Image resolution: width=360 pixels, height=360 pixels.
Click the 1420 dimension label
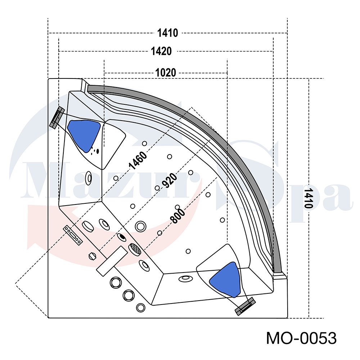pos(161,51)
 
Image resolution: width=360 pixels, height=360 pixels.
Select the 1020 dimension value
pos(166,73)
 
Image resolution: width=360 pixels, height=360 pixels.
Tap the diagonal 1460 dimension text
pos(138,160)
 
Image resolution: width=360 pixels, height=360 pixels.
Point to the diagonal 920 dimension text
pos(170,180)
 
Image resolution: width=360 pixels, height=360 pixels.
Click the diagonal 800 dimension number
pos(178,216)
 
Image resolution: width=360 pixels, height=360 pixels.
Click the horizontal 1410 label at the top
pos(168,33)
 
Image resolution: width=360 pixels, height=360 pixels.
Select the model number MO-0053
pos(301,338)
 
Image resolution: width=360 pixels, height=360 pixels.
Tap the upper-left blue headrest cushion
pos(84,134)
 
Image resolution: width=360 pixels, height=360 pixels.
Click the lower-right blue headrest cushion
pos(225,279)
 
